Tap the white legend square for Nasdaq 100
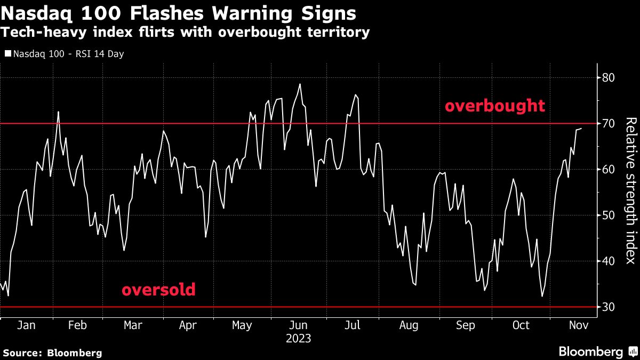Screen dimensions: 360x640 pyautogui.click(x=7, y=54)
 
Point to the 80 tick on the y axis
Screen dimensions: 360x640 pyautogui.click(x=608, y=78)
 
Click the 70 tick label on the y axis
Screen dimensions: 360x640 pyautogui.click(x=608, y=124)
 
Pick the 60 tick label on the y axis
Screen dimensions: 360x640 pyautogui.click(x=608, y=170)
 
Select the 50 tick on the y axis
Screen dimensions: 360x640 pyautogui.click(x=608, y=215)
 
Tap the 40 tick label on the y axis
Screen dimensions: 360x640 pyautogui.click(x=608, y=261)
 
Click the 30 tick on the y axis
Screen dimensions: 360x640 pyautogui.click(x=608, y=307)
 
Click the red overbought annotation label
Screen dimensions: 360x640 pyautogui.click(x=495, y=106)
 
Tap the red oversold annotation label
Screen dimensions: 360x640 pyautogui.click(x=158, y=290)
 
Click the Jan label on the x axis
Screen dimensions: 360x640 pyautogui.click(x=26, y=325)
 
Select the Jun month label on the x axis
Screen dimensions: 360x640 pyautogui.click(x=299, y=325)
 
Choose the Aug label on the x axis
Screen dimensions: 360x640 pyautogui.click(x=409, y=325)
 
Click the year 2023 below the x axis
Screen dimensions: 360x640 pyautogui.click(x=299, y=339)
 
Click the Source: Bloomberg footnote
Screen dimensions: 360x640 pyautogui.click(x=52, y=353)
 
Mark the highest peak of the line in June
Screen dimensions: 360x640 pyautogui.click(x=300, y=84)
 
